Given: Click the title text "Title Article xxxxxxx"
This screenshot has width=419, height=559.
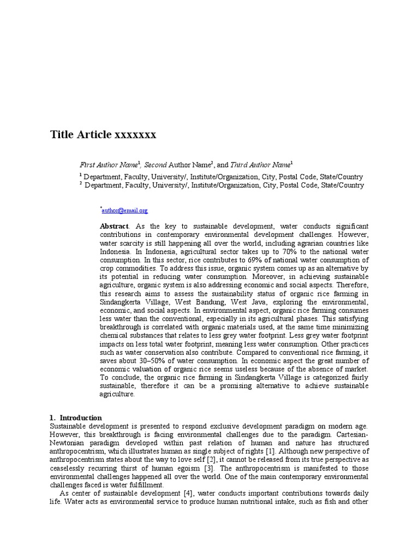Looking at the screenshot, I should click(x=103, y=134).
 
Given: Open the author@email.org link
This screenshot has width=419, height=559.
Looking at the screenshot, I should click(x=125, y=210).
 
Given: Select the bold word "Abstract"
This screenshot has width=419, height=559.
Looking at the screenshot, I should click(x=114, y=226).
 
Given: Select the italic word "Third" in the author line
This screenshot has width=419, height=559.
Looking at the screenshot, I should click(x=240, y=164).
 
